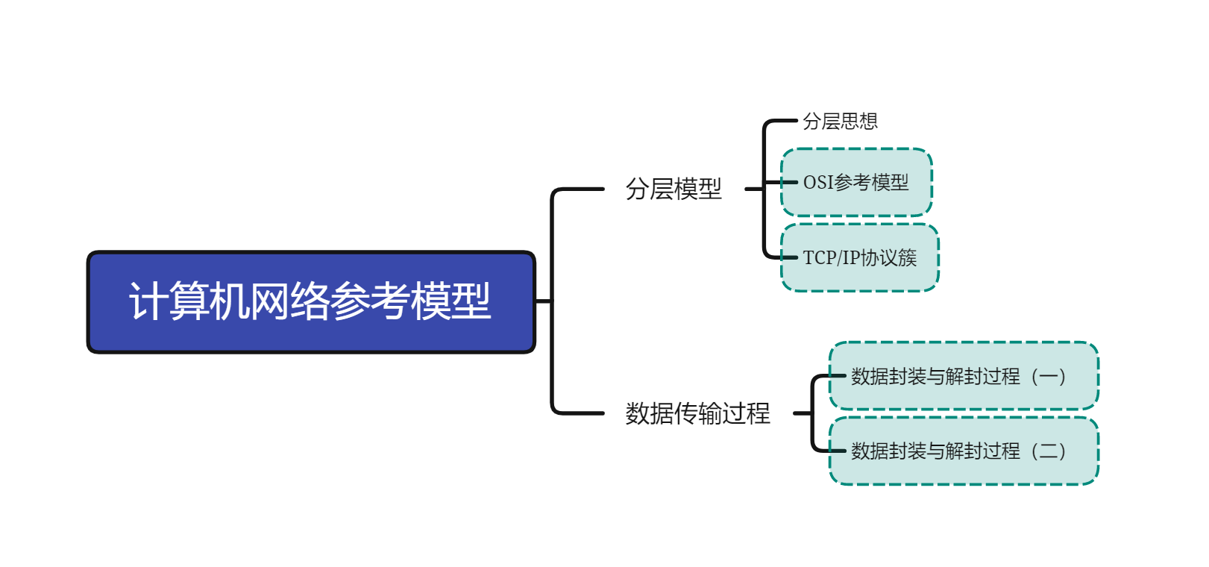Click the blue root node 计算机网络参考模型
[311, 301]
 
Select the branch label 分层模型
[673, 189]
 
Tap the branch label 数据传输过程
[697, 413]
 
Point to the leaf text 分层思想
[840, 121]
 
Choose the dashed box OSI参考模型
[856, 183]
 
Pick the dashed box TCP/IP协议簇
[859, 258]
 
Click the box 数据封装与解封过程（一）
[964, 376]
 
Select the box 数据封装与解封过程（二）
[964, 451]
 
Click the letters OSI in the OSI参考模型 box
[817, 183]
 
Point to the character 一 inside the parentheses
[1048, 377]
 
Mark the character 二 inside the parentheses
[1048, 451]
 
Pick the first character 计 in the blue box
[148, 301]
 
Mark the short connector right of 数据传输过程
[803, 413]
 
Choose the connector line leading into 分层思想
[783, 121]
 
